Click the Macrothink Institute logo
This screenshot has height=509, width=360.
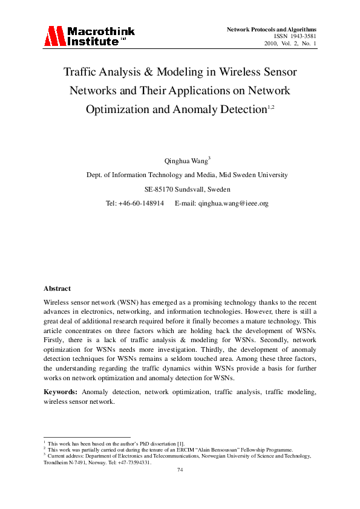coord(89,37)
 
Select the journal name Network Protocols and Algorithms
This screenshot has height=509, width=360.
coord(272,29)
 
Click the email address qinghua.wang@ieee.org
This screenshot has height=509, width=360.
coord(233,204)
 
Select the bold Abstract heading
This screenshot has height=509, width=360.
coord(57,288)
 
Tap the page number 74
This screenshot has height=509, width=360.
coord(180,470)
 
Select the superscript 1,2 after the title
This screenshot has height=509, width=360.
coord(271,106)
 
